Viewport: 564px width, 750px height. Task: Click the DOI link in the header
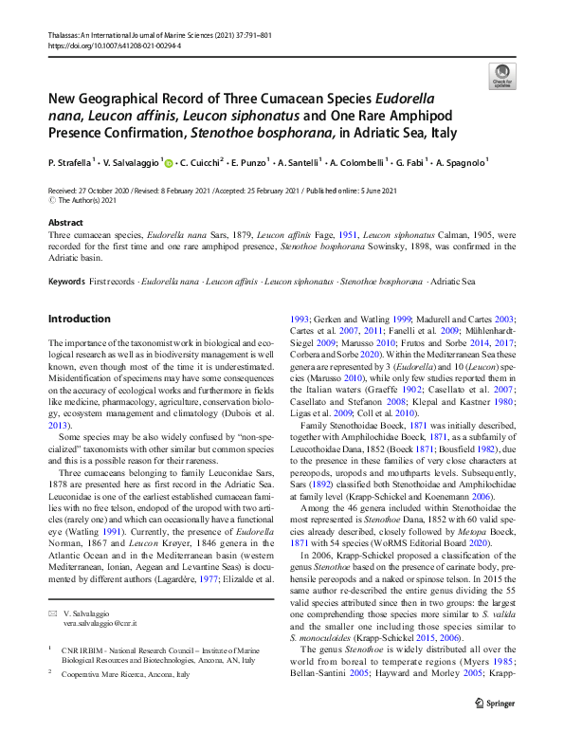tap(114, 45)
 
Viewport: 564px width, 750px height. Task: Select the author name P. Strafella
tap(72, 163)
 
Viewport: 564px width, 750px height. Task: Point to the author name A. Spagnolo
tap(462, 163)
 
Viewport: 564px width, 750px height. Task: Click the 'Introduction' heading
tap(80, 319)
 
